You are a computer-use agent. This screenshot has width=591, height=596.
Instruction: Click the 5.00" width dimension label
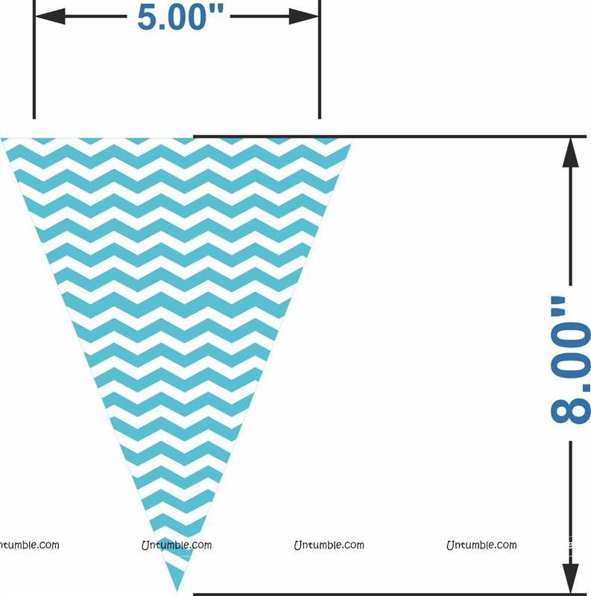pos(181,16)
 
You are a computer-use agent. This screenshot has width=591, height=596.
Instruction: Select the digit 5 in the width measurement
pos(150,16)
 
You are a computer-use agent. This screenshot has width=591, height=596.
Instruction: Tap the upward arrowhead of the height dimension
pos(571,153)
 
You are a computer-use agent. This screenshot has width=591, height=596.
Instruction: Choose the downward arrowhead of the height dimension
pos(571,577)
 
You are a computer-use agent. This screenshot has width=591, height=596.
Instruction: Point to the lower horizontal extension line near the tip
pos(388,594)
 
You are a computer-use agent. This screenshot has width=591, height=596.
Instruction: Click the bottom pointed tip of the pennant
pos(177,589)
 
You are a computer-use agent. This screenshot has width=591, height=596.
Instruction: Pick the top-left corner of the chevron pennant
pos(4,140)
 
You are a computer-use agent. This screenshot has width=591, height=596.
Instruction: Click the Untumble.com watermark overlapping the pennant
pos(177,545)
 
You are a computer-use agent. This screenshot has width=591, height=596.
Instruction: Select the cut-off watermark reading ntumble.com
pos(29,545)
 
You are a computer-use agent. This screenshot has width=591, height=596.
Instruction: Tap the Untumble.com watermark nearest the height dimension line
pos(481,545)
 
